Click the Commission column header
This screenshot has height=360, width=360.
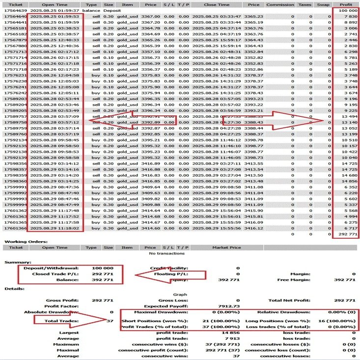[280, 4]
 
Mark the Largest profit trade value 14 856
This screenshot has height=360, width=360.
[231, 332]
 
